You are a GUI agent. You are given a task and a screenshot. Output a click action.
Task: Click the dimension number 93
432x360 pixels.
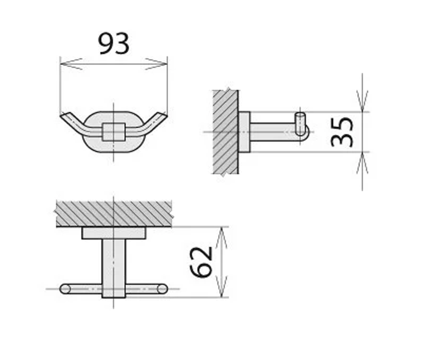coord(114,44)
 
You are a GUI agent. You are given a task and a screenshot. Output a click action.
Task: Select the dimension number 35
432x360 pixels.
coord(342,132)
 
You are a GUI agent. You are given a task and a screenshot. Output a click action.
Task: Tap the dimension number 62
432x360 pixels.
coord(201,262)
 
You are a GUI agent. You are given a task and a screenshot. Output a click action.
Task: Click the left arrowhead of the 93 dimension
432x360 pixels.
coord(71,64)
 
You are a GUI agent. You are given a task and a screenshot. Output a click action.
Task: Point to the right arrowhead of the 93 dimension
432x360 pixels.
coord(156,64)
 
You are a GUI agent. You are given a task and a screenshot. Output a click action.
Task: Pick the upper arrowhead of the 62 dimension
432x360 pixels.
coord(221,238)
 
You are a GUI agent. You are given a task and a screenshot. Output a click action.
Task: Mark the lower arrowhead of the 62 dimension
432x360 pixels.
coord(221,287)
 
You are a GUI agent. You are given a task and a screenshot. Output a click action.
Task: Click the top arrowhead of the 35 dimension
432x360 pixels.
coord(362,101)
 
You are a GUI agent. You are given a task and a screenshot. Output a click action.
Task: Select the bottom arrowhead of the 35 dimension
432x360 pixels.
coord(362,163)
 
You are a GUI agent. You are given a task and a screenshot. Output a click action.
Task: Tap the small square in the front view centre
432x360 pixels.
coord(114,132)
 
